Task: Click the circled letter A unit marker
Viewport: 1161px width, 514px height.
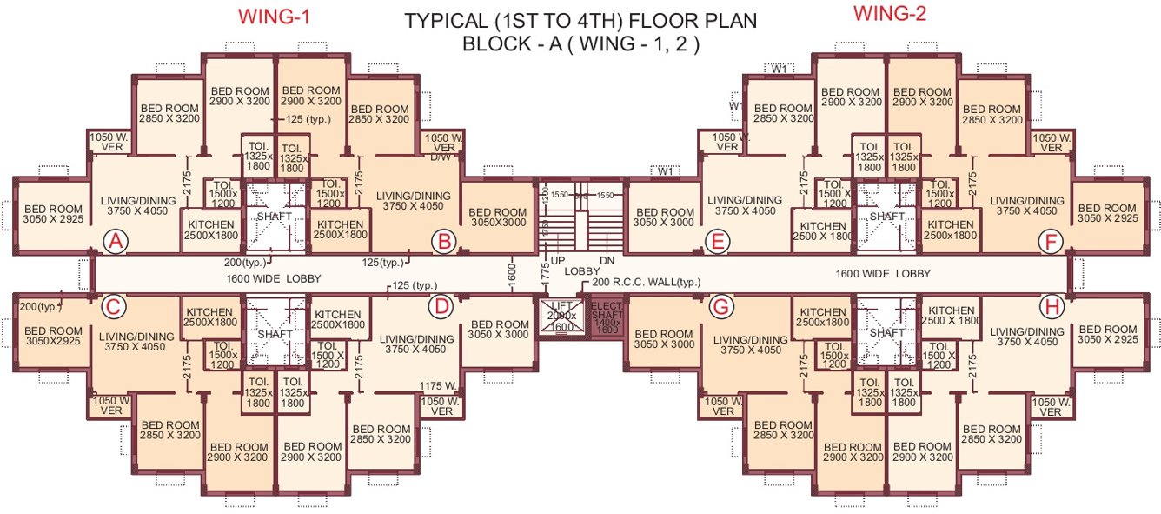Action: [116, 241]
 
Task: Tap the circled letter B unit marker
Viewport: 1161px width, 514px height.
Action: [443, 241]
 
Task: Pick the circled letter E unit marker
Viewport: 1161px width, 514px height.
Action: [717, 242]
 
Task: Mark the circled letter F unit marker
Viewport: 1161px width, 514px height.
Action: [1052, 242]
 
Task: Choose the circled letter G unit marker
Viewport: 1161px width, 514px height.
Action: [720, 306]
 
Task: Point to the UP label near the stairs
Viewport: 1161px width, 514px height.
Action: [560, 260]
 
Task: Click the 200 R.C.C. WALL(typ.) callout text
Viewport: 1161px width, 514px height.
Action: [646, 283]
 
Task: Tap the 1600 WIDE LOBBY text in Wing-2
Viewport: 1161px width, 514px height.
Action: [882, 274]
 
